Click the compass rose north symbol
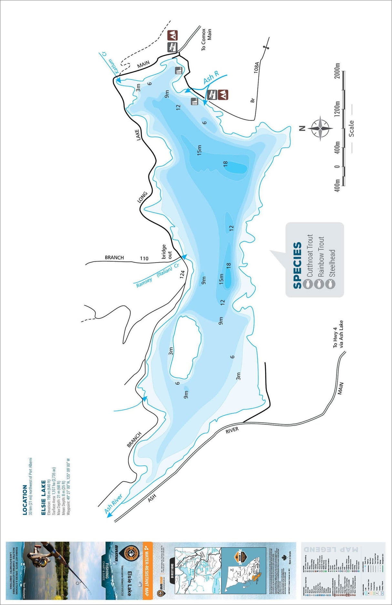320,128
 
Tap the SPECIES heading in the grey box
297,265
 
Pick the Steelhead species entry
332,264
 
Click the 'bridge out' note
167,252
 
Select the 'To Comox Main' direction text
206,39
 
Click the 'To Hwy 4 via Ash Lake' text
338,334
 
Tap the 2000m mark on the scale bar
337,71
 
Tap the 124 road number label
182,274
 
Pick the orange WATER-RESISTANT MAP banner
147,569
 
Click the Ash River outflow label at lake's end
113,504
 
